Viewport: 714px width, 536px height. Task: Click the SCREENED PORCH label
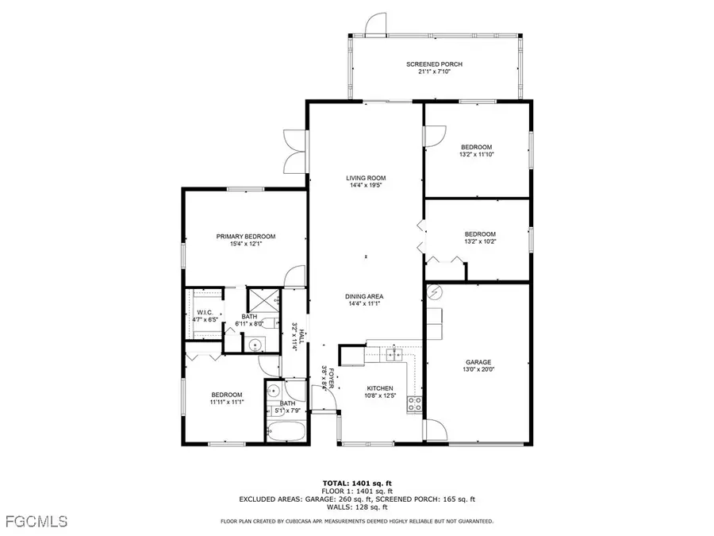pos(434,64)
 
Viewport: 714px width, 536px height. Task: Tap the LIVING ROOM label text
pos(365,178)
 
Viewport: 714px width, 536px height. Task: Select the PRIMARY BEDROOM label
pos(246,237)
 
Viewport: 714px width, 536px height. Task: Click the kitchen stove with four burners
pos(414,404)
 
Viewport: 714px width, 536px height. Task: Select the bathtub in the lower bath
pos(285,433)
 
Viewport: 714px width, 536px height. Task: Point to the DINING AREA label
pos(365,295)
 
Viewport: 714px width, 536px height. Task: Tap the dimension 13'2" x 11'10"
pos(476,155)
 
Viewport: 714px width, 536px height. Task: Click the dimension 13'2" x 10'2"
pos(480,242)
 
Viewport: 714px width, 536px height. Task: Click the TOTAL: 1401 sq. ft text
pos(356,483)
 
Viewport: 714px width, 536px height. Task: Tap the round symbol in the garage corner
pos(435,292)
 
